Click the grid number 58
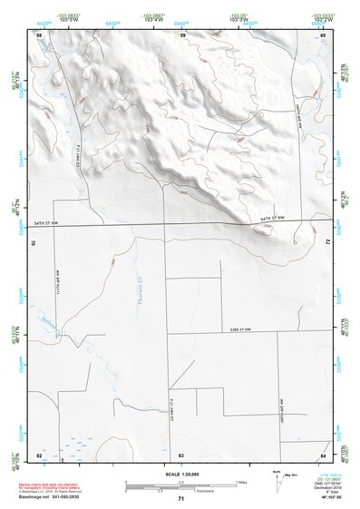coord(39,34)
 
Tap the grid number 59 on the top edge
coord(182,34)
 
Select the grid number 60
coord(323,34)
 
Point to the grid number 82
coord(39,454)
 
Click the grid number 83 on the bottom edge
coord(181,454)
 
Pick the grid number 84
coord(323,454)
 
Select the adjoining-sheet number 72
coord(325,243)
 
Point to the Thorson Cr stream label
coord(152,304)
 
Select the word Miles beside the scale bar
coord(242,482)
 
